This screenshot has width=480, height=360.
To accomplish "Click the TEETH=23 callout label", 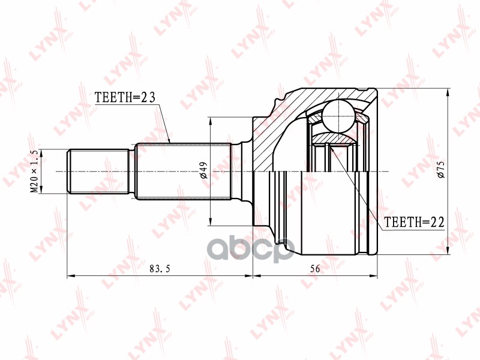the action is (125, 97).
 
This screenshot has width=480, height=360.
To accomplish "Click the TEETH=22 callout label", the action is (414, 222).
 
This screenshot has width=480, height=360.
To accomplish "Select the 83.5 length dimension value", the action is (160, 269).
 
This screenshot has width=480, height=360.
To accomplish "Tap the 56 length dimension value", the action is (315, 269).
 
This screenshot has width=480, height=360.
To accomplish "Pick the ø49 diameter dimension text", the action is (204, 170).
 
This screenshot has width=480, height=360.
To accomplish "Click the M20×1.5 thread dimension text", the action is (34, 172).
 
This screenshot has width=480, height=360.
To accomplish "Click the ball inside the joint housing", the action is (339, 116).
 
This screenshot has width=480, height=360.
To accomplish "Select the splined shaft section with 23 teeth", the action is (183, 172).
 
